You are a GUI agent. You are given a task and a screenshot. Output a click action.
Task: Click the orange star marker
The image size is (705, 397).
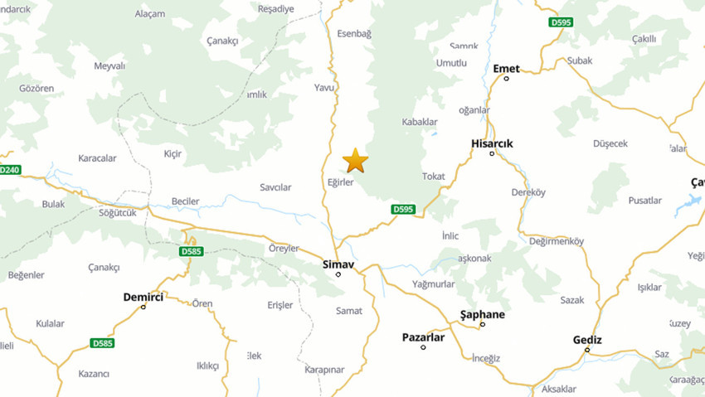pos(355,160)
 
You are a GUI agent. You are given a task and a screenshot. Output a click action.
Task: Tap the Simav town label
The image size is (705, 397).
pos(338,264)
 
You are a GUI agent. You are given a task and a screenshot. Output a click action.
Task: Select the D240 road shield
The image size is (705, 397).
pos(9,170)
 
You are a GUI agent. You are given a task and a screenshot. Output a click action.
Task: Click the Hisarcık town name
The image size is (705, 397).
pos(492,143)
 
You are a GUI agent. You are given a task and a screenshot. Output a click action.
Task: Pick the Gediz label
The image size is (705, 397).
pos(587,340)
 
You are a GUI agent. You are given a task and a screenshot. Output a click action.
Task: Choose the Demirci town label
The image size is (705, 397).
pos(143,297)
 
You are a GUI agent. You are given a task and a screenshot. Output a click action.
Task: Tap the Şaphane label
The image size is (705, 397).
pos(482,314)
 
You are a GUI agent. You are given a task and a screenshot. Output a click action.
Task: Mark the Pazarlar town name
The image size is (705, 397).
pos(423,337)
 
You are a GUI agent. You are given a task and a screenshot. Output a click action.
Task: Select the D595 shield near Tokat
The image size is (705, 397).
pos(403,210)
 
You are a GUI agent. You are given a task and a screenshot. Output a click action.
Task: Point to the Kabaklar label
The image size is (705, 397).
pos(419,122)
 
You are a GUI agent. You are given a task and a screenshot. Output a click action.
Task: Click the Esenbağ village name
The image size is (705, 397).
pos(354,33)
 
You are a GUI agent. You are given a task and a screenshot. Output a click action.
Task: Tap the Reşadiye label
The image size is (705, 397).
pos(276,9)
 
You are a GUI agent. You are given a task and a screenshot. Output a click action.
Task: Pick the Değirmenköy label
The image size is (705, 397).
pos(556,241)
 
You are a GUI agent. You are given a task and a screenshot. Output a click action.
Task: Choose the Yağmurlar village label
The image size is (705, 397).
pos(433,283)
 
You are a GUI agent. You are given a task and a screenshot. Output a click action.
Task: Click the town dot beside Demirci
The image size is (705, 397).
pos(143,307)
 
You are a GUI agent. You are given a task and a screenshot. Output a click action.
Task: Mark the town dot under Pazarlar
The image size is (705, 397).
pos(423,347)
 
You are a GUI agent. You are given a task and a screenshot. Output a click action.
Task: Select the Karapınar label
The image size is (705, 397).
pos(323,369)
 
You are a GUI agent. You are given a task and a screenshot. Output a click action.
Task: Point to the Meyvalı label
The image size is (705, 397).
pos(109,65)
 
